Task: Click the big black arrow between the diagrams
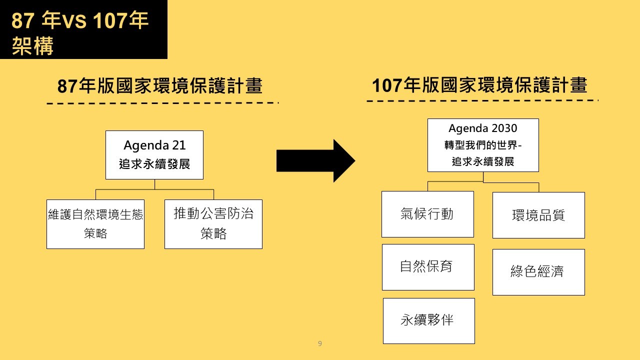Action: click(315, 161)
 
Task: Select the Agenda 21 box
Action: click(154, 155)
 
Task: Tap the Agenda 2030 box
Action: click(483, 145)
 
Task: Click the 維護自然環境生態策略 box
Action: click(95, 224)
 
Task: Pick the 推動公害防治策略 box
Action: click(213, 224)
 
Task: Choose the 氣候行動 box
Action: click(427, 214)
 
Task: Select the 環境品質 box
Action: click(538, 215)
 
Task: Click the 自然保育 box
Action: click(428, 267)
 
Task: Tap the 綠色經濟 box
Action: click(538, 272)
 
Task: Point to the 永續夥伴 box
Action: click(429, 321)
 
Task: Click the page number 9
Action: click(320, 343)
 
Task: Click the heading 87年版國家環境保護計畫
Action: click(160, 85)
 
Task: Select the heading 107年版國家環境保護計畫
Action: click(479, 85)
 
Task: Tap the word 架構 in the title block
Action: click(32, 45)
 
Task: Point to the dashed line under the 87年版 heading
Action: click(163, 103)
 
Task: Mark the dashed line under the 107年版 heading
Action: click(482, 100)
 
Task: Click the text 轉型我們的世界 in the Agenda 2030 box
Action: click(481, 145)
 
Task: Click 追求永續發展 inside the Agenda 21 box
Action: click(154, 164)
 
